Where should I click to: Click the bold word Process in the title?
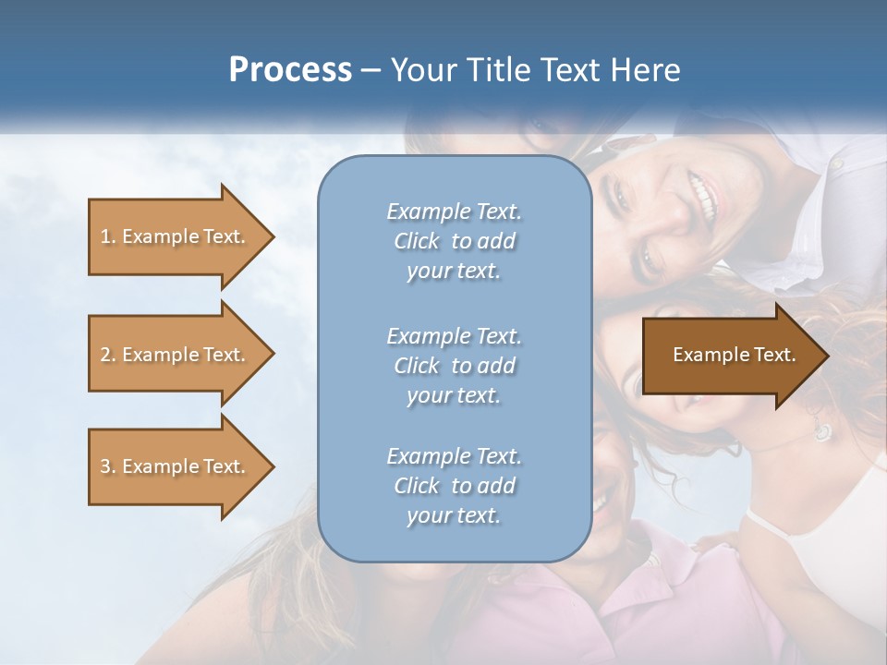pos(290,70)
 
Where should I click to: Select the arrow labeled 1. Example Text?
pos(176,236)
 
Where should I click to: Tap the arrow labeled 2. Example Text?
pos(176,355)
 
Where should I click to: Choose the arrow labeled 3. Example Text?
pos(176,466)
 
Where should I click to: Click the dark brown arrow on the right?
pos(730,355)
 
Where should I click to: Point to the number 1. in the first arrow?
pos(108,236)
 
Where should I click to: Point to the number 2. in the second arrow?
pos(108,355)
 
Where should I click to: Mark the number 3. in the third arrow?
pos(108,466)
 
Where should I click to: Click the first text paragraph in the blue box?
pos(454,241)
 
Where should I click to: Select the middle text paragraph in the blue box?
pos(454,366)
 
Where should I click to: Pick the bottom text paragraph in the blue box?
pos(454,486)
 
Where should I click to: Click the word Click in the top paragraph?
pos(417,241)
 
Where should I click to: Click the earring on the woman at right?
pos(821,430)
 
